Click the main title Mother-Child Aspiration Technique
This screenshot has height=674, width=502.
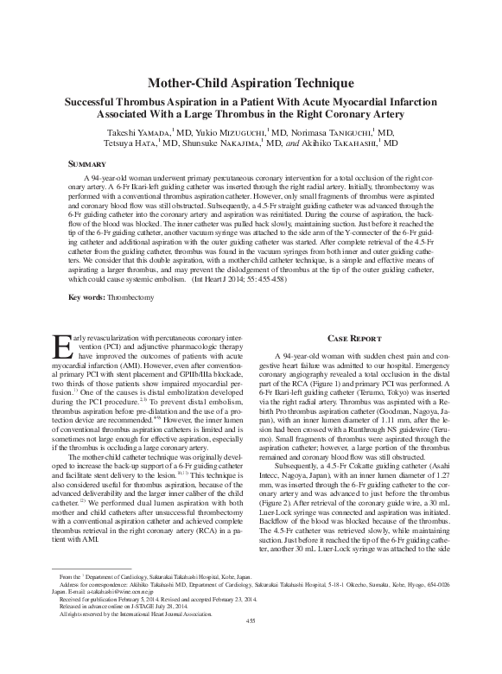point(251,82)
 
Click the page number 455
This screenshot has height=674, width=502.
point(251,645)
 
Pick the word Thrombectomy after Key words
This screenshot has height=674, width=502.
point(133,296)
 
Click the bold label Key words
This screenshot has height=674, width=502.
point(86,296)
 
